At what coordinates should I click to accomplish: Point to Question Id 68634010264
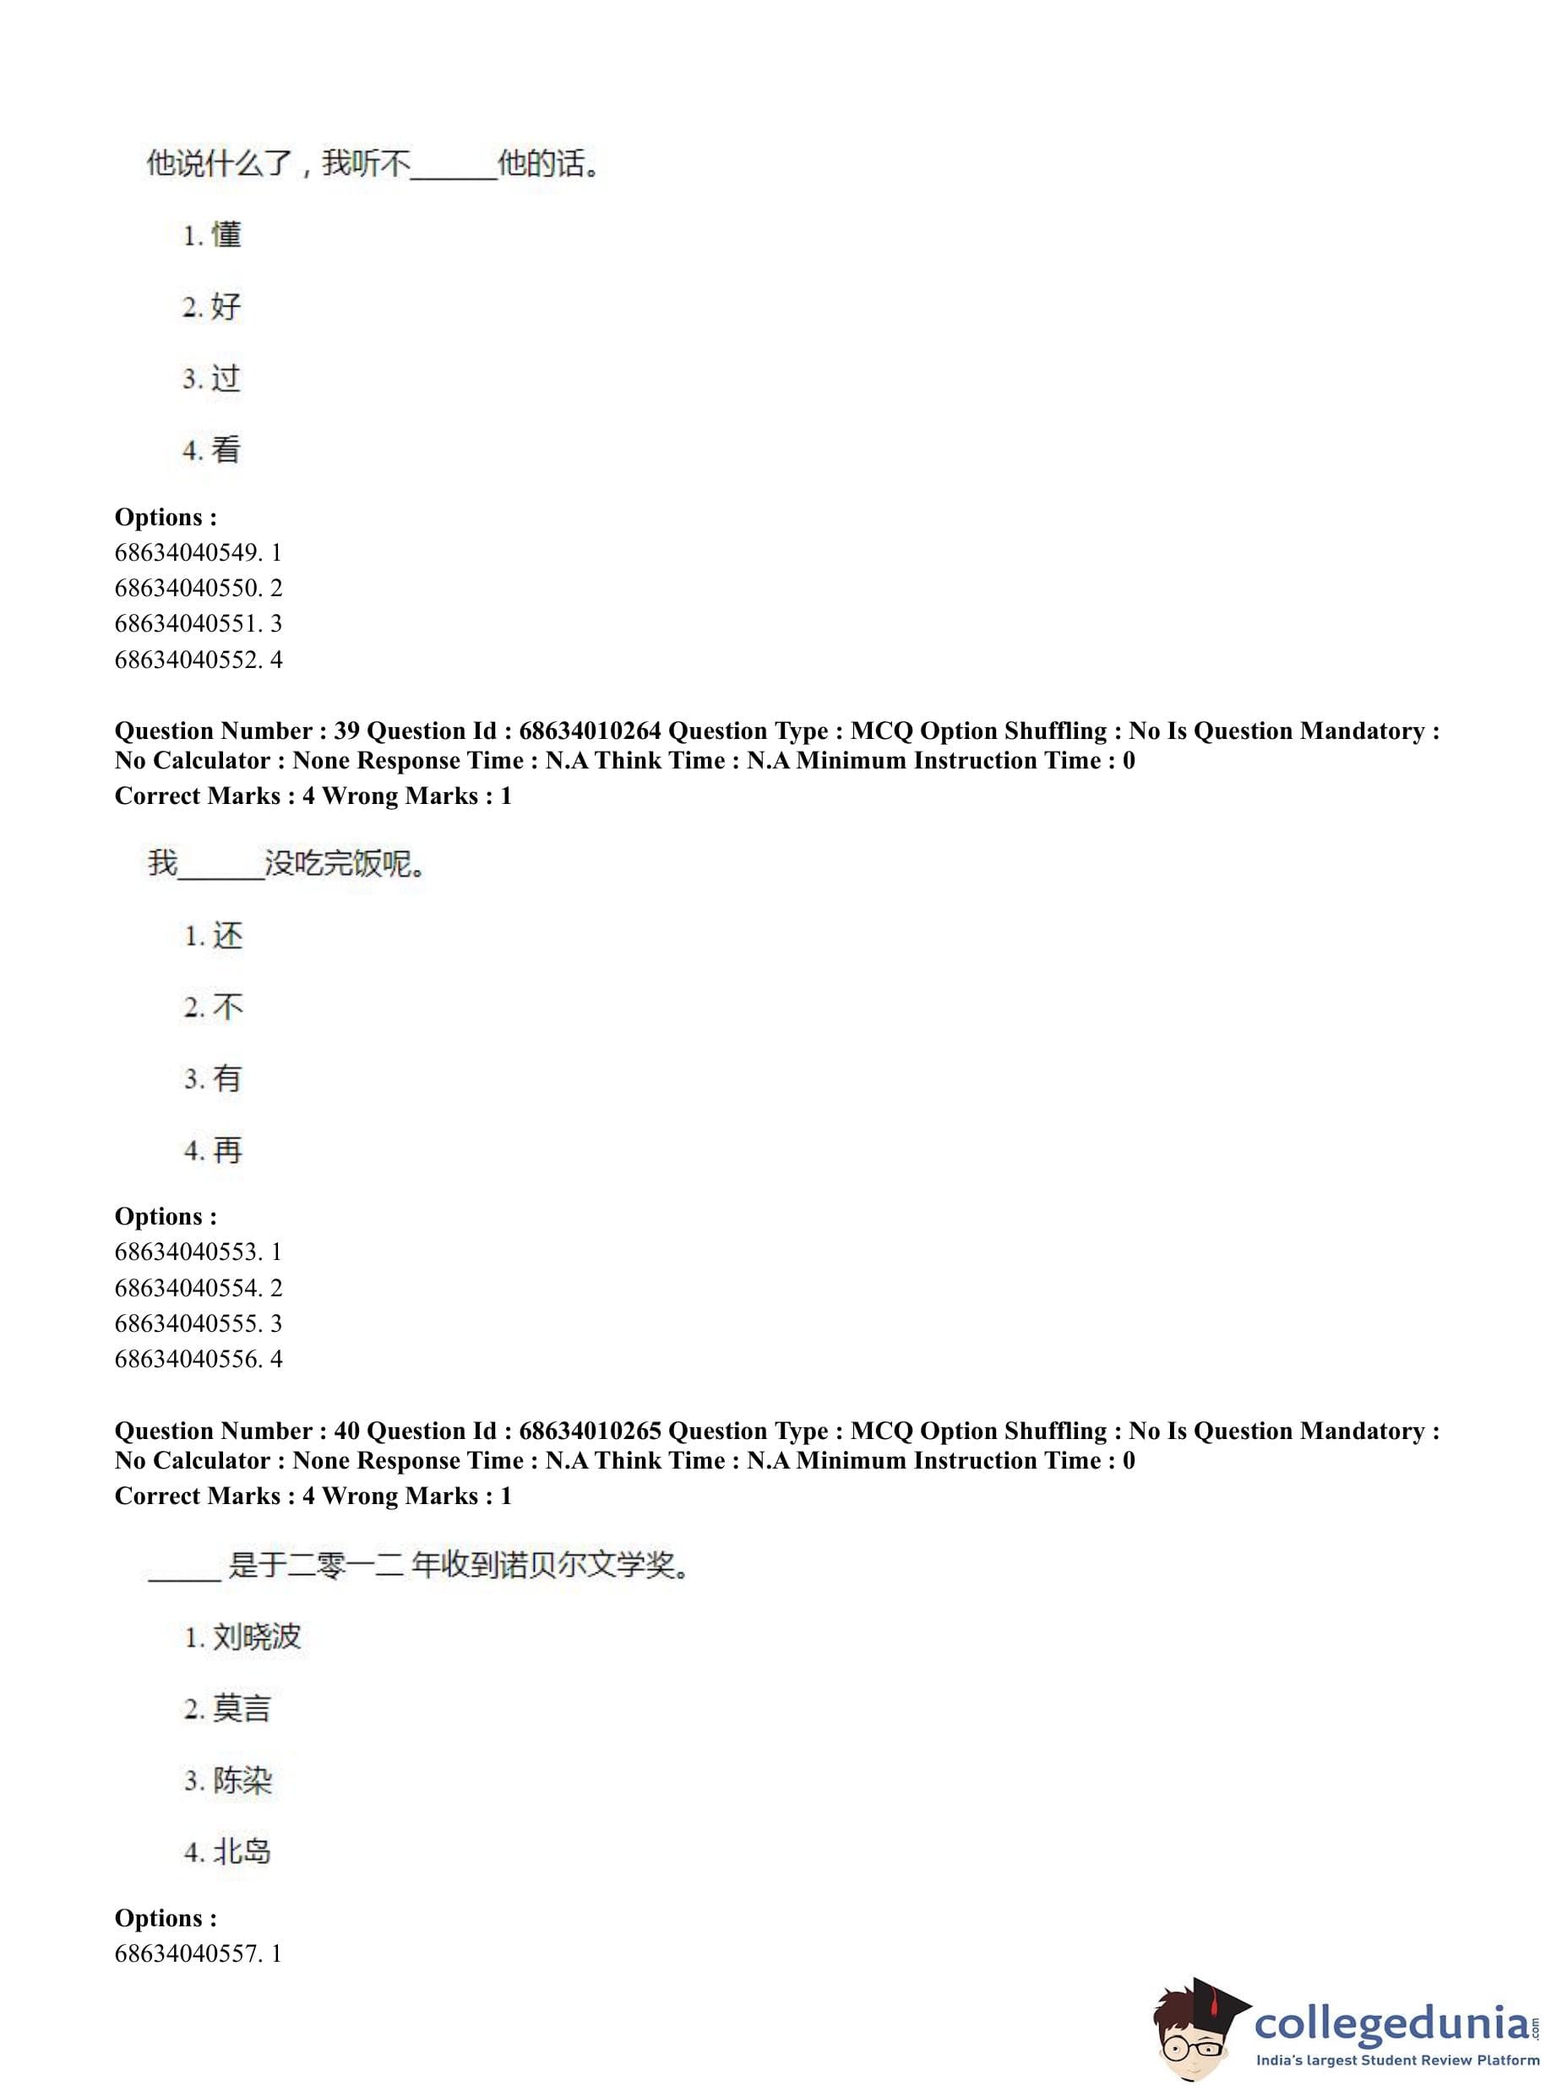pyautogui.click(x=590, y=731)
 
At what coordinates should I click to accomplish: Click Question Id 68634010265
pyautogui.click(x=590, y=1431)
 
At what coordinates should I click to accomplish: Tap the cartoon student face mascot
pyautogui.click(x=1190, y=2033)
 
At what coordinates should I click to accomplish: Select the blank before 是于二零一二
pyautogui.click(x=185, y=1569)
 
